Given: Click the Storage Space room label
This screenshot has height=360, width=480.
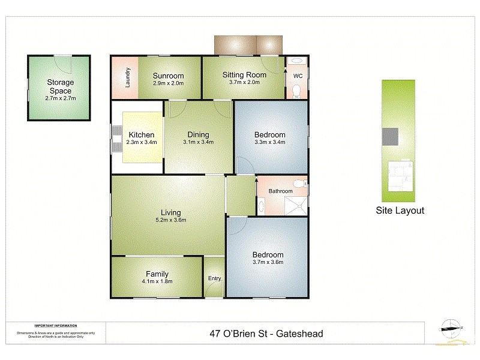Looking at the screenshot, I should click(60, 86).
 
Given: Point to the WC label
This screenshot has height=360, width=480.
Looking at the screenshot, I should click(298, 76).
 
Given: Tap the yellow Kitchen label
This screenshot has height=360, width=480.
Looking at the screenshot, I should click(142, 135).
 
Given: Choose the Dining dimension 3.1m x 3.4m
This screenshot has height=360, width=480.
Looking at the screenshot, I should click(198, 142).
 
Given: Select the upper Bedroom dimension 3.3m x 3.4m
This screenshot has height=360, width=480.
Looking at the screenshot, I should click(269, 142).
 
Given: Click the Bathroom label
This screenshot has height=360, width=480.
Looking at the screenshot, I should click(280, 191).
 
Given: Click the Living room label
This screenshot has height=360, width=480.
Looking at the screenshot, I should click(170, 212).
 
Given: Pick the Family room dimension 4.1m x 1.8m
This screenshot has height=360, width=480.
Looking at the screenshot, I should click(157, 281).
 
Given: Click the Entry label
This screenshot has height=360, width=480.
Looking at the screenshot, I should click(214, 278).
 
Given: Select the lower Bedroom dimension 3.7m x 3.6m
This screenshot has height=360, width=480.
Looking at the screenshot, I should click(268, 262).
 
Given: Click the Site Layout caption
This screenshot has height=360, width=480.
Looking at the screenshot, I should click(400, 211).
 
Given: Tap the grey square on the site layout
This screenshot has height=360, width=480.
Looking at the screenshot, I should click(391, 137).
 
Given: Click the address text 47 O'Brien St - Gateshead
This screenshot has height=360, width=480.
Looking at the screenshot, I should click(266, 333).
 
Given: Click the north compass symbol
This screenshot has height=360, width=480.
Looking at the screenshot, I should click(452, 326).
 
